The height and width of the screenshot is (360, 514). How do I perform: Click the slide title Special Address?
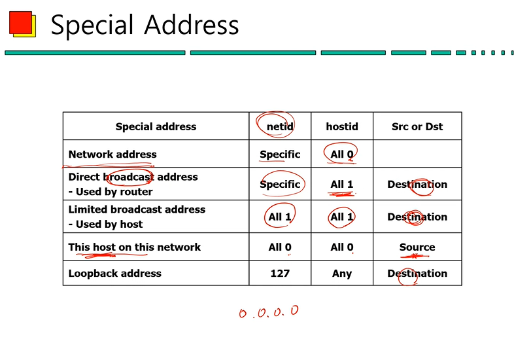145,25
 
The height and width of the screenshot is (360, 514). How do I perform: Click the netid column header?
279,126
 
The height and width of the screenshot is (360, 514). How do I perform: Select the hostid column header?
342,126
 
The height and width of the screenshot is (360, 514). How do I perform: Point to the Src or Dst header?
417,126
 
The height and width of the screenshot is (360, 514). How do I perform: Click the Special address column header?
156,126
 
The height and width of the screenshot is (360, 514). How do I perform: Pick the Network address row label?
112,154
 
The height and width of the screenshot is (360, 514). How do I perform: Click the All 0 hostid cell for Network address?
342,154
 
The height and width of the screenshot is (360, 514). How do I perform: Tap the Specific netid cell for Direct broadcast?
280,184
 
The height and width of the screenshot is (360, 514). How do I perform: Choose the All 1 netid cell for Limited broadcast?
280,217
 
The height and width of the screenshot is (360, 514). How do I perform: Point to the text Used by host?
109,224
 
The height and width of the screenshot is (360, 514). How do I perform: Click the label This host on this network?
134,247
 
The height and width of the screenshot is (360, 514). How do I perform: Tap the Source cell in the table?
417,247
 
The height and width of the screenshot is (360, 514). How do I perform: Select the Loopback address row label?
114,274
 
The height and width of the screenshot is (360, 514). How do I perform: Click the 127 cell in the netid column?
280,274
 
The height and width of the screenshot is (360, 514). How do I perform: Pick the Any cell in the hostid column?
342,274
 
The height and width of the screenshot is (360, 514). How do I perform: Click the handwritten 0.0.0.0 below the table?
269,312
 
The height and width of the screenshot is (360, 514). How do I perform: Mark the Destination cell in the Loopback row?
417,274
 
